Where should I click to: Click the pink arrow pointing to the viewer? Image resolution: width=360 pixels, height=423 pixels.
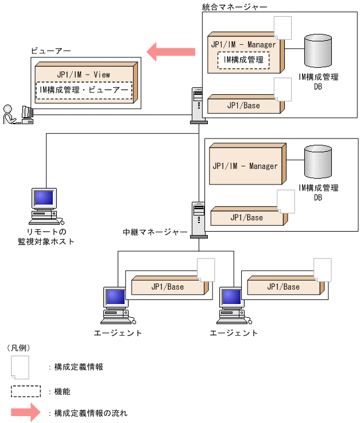(171, 52)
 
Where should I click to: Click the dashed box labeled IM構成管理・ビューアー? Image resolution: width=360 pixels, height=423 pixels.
(84, 90)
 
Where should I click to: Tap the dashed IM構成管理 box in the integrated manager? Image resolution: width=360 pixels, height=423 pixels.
(243, 59)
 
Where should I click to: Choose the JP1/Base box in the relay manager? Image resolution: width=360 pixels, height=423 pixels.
(246, 217)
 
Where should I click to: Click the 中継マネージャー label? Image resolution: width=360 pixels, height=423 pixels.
(155, 233)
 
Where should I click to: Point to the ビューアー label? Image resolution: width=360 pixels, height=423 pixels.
(51, 51)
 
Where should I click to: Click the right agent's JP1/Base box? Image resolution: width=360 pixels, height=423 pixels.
(283, 286)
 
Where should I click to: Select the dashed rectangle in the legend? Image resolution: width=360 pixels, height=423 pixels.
(26, 391)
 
